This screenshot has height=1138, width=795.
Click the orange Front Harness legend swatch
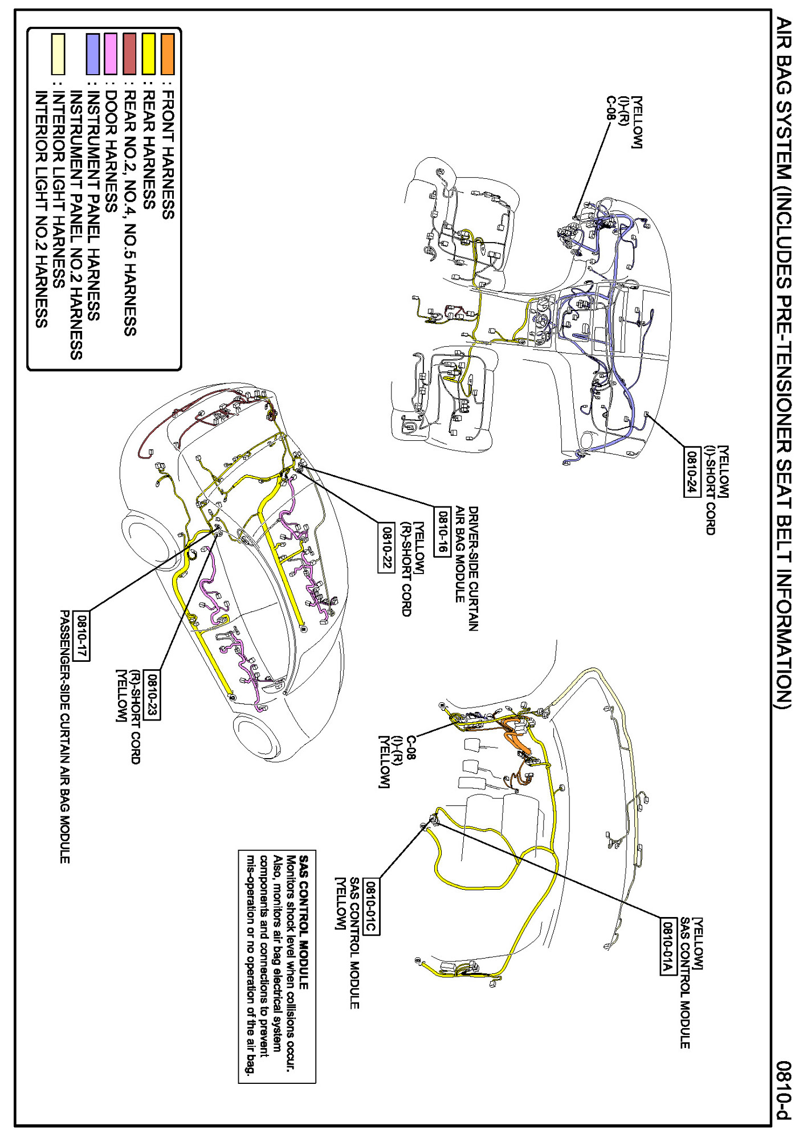pos(168,54)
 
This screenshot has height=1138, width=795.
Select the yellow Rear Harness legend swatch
pos(149,54)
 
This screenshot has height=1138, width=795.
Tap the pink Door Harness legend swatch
pos(111,54)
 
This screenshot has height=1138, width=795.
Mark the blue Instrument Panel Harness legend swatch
pos(92,54)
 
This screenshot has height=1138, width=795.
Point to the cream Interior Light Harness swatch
pos(58,54)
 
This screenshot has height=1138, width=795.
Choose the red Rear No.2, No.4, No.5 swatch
pos(129,54)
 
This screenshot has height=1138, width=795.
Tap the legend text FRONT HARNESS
pos(168,154)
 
